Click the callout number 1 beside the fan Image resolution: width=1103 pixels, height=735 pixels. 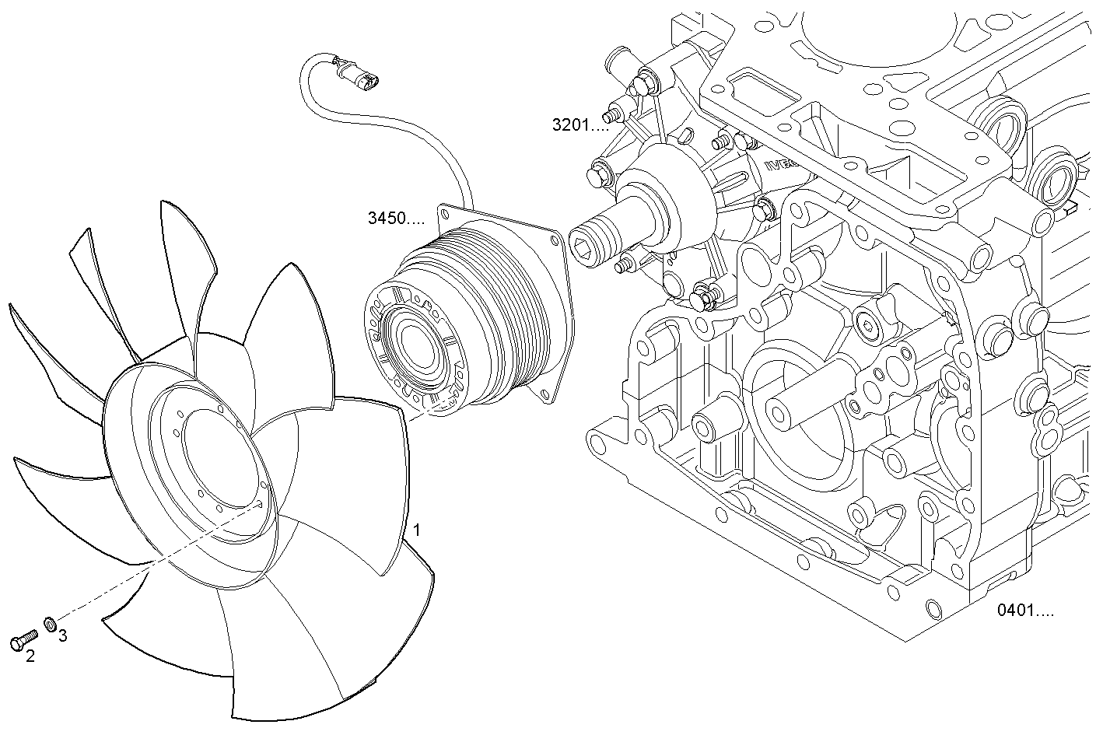point(417,530)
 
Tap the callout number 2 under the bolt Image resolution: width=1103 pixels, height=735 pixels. point(30,656)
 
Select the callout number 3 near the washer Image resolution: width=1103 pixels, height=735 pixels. point(62,636)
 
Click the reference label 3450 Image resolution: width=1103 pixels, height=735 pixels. point(386,218)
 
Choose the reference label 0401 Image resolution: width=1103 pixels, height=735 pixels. point(1015,611)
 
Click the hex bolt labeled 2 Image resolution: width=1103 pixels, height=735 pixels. point(23,639)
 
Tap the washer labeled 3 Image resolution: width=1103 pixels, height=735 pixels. point(50,625)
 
